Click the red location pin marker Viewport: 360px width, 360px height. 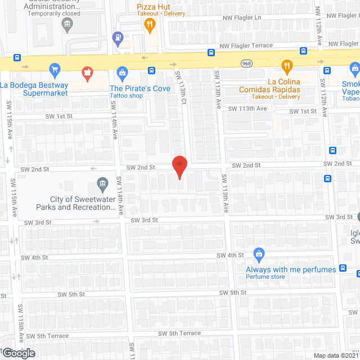[179, 166]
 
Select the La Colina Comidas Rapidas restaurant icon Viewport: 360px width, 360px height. [287, 66]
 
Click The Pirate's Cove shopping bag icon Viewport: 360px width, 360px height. [121, 72]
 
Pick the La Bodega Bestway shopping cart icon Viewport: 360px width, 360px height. [55, 69]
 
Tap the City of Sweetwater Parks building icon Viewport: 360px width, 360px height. [102, 183]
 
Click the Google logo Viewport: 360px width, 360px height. [18, 353]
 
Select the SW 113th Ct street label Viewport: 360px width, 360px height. [181, 87]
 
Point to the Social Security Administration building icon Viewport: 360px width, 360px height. [67, 24]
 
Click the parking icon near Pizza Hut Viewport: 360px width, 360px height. [118, 38]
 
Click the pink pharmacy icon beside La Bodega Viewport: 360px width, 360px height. [87, 72]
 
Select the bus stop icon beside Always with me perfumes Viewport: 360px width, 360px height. [343, 268]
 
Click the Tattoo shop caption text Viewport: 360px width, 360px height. [126, 96]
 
